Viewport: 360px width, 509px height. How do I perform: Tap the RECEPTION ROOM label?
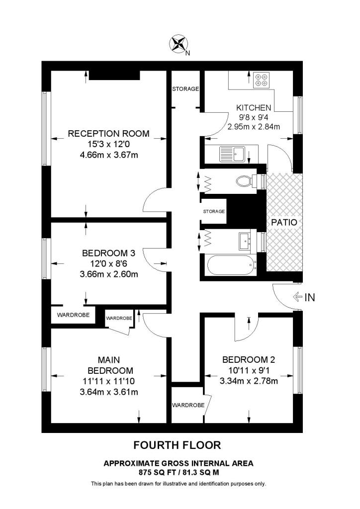(108, 134)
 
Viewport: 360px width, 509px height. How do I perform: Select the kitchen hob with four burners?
(261, 80)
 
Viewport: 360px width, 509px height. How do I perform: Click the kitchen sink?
(231, 154)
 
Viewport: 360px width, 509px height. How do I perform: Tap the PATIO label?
(284, 222)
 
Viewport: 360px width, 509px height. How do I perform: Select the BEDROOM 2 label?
(249, 360)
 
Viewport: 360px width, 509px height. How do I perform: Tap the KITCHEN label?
(254, 108)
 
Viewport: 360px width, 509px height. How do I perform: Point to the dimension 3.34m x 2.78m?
(249, 381)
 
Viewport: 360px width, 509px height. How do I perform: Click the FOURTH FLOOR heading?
(178, 444)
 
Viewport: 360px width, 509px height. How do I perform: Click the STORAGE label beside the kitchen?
(185, 89)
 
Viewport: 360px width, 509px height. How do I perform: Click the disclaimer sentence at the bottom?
(178, 484)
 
